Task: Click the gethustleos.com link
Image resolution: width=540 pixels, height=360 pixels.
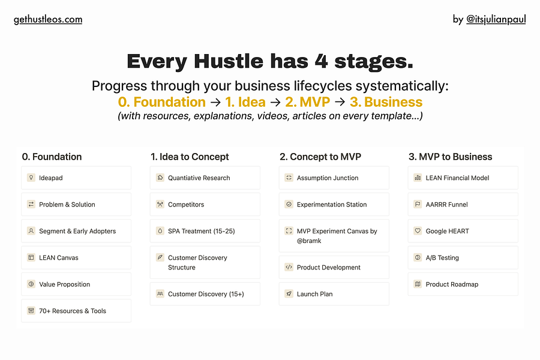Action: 48,19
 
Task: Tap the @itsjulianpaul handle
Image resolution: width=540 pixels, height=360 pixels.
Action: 496,19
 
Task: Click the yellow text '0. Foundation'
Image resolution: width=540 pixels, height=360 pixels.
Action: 161,102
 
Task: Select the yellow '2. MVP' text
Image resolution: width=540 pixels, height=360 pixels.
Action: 307,102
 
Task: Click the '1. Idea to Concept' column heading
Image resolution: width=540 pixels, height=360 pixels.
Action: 190,157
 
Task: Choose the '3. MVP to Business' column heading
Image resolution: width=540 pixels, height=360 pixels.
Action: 450,157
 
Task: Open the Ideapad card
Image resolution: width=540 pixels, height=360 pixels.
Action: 76,178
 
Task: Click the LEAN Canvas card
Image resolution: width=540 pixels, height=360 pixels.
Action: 76,257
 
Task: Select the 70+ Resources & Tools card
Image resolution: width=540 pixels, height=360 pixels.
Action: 76,311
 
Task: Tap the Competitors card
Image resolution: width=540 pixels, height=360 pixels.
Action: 205,205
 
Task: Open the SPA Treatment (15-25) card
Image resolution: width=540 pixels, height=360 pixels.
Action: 205,231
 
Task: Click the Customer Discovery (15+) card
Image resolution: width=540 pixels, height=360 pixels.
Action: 205,294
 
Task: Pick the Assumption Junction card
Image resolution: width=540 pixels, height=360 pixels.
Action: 334,178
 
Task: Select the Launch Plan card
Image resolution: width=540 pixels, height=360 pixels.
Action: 334,294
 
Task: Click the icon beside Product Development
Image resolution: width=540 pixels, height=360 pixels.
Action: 289,268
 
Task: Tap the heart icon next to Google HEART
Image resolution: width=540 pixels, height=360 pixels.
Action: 418,231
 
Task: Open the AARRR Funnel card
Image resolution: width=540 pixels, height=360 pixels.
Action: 463,205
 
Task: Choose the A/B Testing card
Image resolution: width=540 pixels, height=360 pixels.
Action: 463,257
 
